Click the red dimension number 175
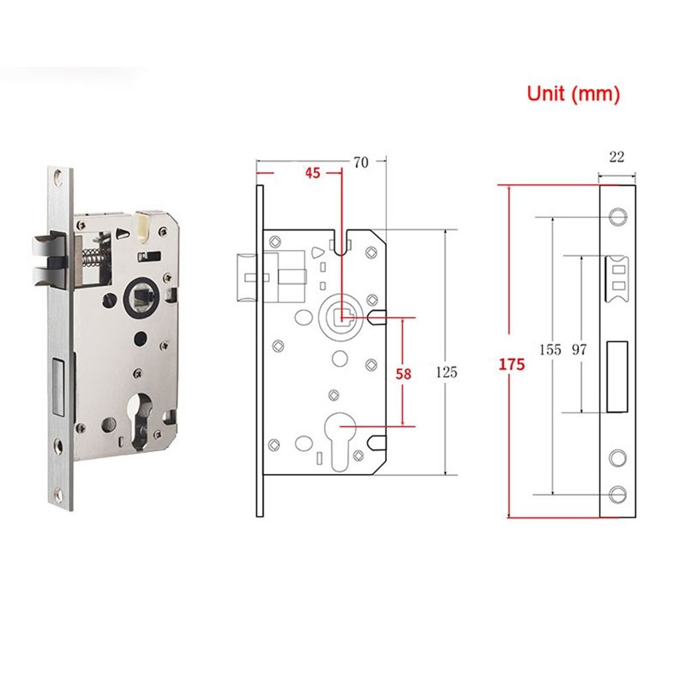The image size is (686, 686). tap(512, 364)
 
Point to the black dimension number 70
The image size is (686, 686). tap(360, 163)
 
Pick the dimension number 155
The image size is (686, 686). tap(550, 349)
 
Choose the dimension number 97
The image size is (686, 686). tap(580, 349)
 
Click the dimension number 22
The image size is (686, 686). tap(616, 157)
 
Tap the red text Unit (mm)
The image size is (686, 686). tap(573, 94)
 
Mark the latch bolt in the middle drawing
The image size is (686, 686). tap(246, 276)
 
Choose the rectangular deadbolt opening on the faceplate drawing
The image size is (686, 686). tap(619, 377)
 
